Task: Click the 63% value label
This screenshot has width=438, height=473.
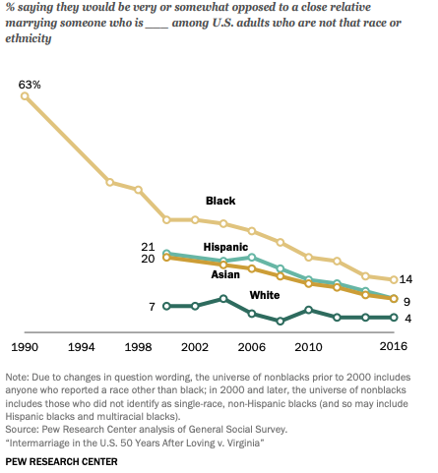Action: [30, 85]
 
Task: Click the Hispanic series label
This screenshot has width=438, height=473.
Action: [225, 246]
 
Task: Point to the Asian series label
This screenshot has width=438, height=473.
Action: [225, 274]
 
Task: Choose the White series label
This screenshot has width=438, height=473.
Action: [263, 295]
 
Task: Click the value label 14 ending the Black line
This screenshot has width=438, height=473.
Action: [406, 280]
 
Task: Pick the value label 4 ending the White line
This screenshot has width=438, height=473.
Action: [406, 318]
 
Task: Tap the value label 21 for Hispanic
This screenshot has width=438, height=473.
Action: [149, 246]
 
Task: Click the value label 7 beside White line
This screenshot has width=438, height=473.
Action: [153, 307]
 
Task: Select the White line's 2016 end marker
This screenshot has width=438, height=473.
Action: [394, 318]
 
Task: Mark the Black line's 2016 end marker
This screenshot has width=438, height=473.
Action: [394, 280]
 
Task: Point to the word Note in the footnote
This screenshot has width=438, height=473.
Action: [18, 378]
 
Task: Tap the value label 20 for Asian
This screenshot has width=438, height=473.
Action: [149, 259]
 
